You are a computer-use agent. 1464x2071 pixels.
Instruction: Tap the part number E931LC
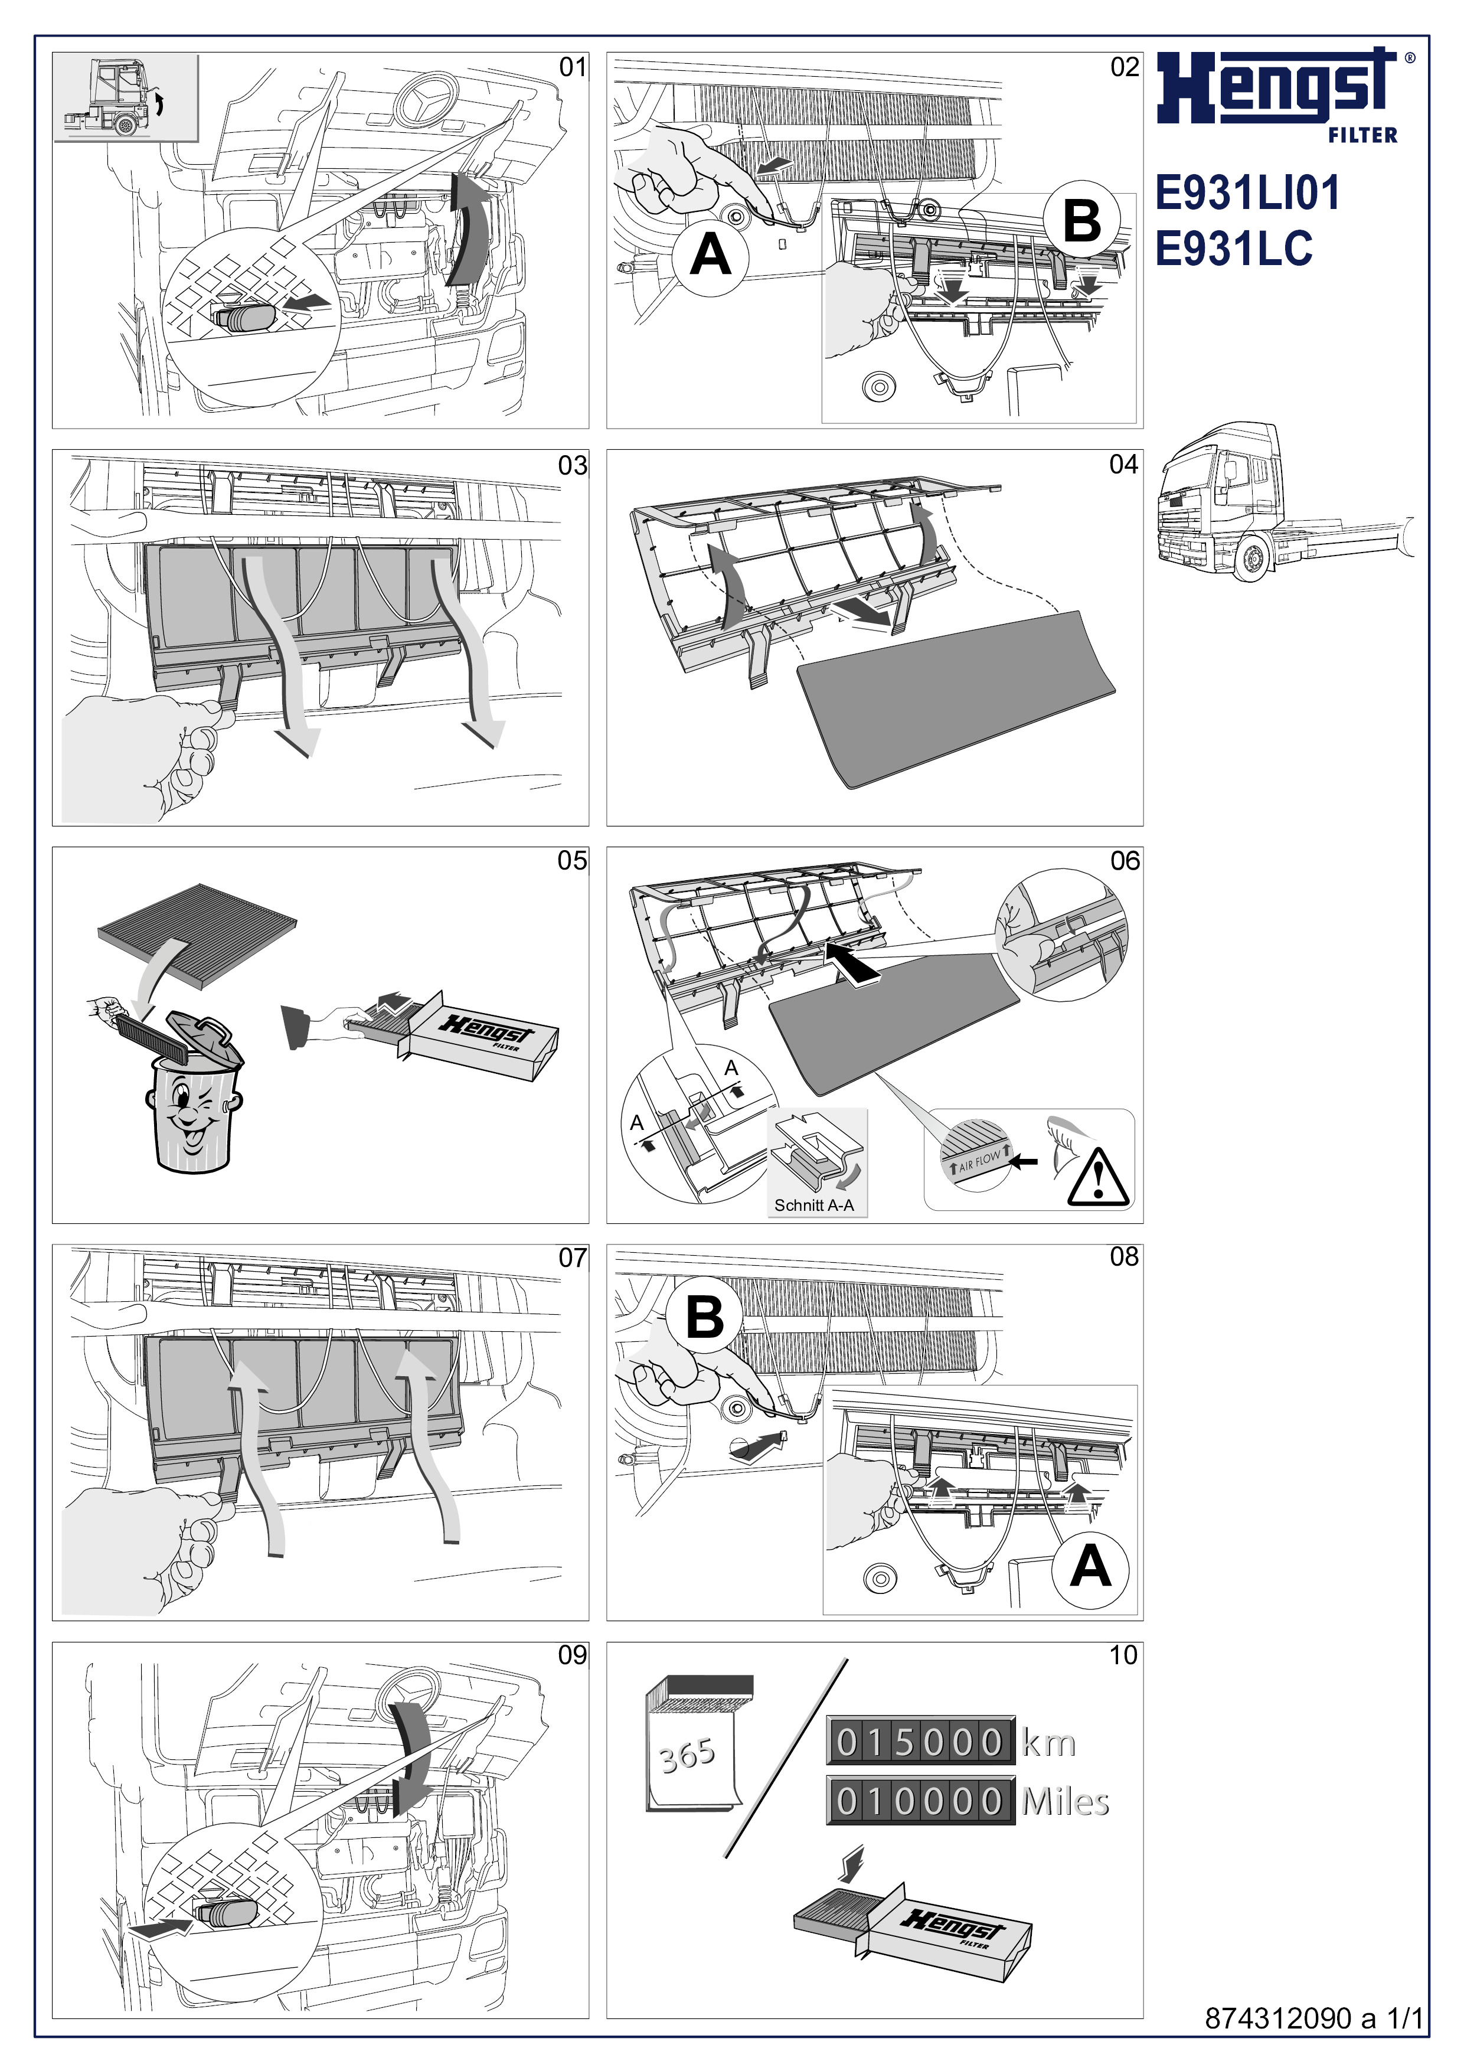[x=1233, y=248]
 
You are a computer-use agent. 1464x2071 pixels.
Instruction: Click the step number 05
[x=572, y=861]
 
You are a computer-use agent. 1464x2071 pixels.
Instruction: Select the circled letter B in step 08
[x=705, y=1318]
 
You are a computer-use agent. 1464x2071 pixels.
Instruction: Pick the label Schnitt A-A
[x=813, y=1205]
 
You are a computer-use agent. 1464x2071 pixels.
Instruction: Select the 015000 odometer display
[x=920, y=1742]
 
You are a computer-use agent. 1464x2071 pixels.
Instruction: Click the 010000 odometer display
[x=920, y=1801]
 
